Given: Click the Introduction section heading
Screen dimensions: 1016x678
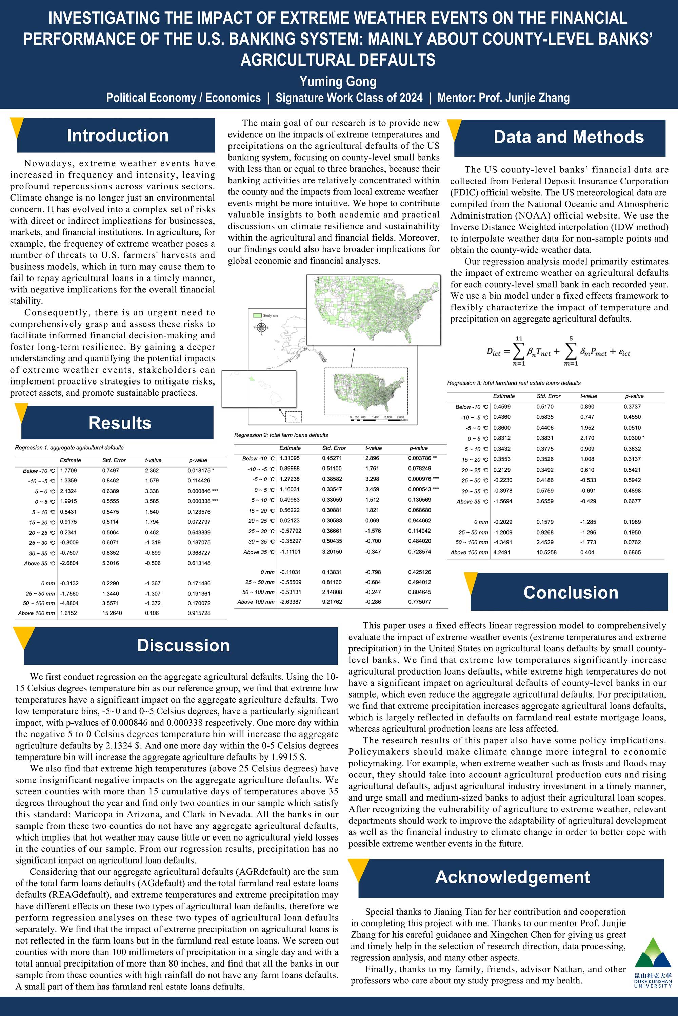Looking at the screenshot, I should [x=117, y=135].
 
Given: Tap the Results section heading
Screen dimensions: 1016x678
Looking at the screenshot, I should [x=120, y=423].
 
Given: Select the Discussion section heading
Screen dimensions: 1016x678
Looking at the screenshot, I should [x=183, y=645].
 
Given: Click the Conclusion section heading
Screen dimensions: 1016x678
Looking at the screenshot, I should [x=571, y=592].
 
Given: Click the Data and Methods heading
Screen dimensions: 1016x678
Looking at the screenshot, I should [x=569, y=137].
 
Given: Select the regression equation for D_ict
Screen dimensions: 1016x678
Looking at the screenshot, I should [x=558, y=352].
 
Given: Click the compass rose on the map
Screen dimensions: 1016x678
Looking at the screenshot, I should [x=261, y=328].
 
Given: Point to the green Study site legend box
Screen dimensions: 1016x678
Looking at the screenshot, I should [x=257, y=315].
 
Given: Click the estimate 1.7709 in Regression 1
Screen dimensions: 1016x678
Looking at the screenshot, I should [x=68, y=470].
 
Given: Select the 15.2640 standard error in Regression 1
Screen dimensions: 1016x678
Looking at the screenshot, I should [x=112, y=613].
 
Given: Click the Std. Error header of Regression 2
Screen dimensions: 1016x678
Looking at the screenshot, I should [x=334, y=448].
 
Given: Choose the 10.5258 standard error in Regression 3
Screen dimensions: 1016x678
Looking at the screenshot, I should [x=546, y=552].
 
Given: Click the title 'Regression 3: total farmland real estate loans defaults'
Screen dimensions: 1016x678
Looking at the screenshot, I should [x=513, y=383].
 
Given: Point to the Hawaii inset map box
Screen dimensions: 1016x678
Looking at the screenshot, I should [x=259, y=389].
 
